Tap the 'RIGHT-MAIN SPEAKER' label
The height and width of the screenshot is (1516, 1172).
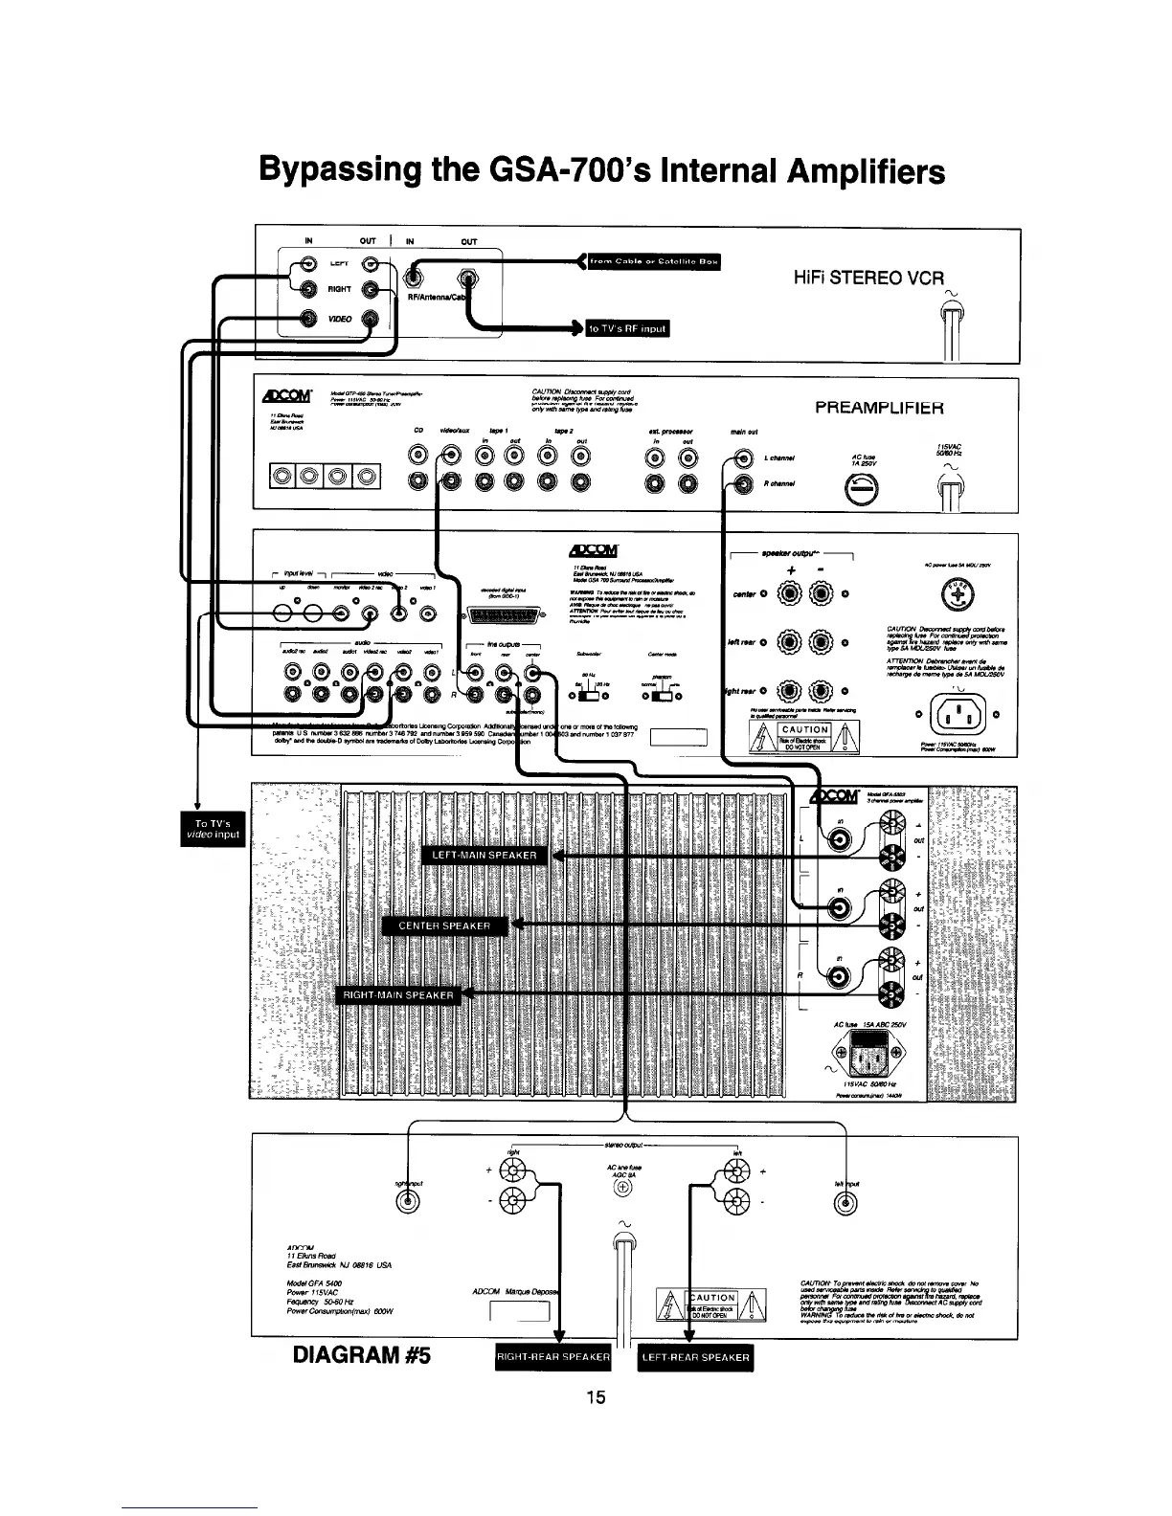point(398,995)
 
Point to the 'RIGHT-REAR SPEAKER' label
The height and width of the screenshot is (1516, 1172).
point(553,1357)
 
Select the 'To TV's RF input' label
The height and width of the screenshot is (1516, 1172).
point(628,328)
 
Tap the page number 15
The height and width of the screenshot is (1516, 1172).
point(596,1397)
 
